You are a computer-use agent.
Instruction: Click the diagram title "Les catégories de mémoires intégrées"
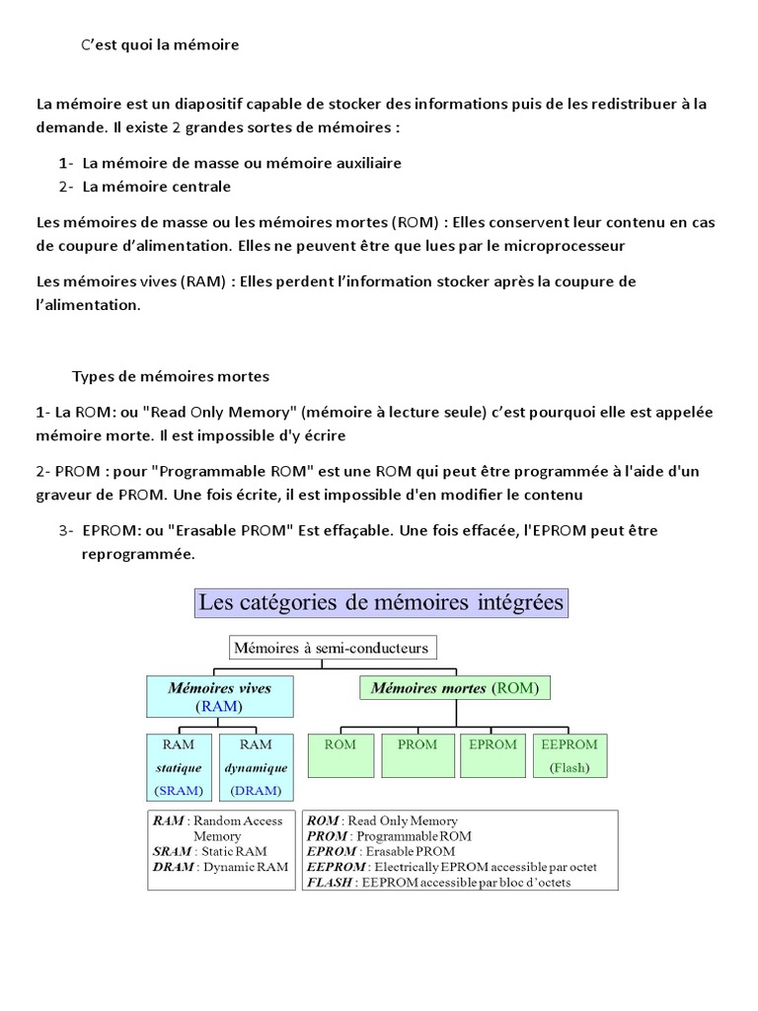coord(381,601)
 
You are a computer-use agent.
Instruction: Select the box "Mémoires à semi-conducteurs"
coord(332,648)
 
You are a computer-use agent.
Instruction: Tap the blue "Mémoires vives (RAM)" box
coord(219,696)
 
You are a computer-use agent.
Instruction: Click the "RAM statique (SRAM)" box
coord(179,766)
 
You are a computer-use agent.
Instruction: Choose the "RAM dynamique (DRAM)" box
coord(256,766)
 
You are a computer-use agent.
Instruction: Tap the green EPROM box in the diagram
coord(493,755)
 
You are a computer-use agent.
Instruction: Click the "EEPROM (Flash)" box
coord(570,755)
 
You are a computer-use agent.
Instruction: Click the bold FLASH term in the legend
coord(329,883)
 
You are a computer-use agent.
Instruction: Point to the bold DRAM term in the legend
coord(173,867)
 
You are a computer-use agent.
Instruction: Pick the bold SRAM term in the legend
coord(173,851)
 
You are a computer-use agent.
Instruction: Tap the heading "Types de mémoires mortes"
coord(170,376)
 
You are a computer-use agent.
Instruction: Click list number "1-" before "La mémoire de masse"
coord(66,163)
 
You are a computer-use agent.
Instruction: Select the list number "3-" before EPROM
coord(66,530)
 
